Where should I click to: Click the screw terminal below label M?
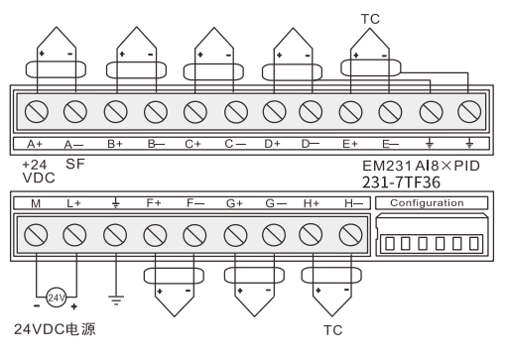pyautogui.click(x=37, y=235)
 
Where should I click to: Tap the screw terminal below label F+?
pyautogui.click(x=154, y=235)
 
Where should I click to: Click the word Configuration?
pyautogui.click(x=426, y=203)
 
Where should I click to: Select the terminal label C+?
pyautogui.click(x=194, y=144)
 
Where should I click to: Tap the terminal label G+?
pyautogui.click(x=235, y=203)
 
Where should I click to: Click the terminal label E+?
pyautogui.click(x=349, y=144)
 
